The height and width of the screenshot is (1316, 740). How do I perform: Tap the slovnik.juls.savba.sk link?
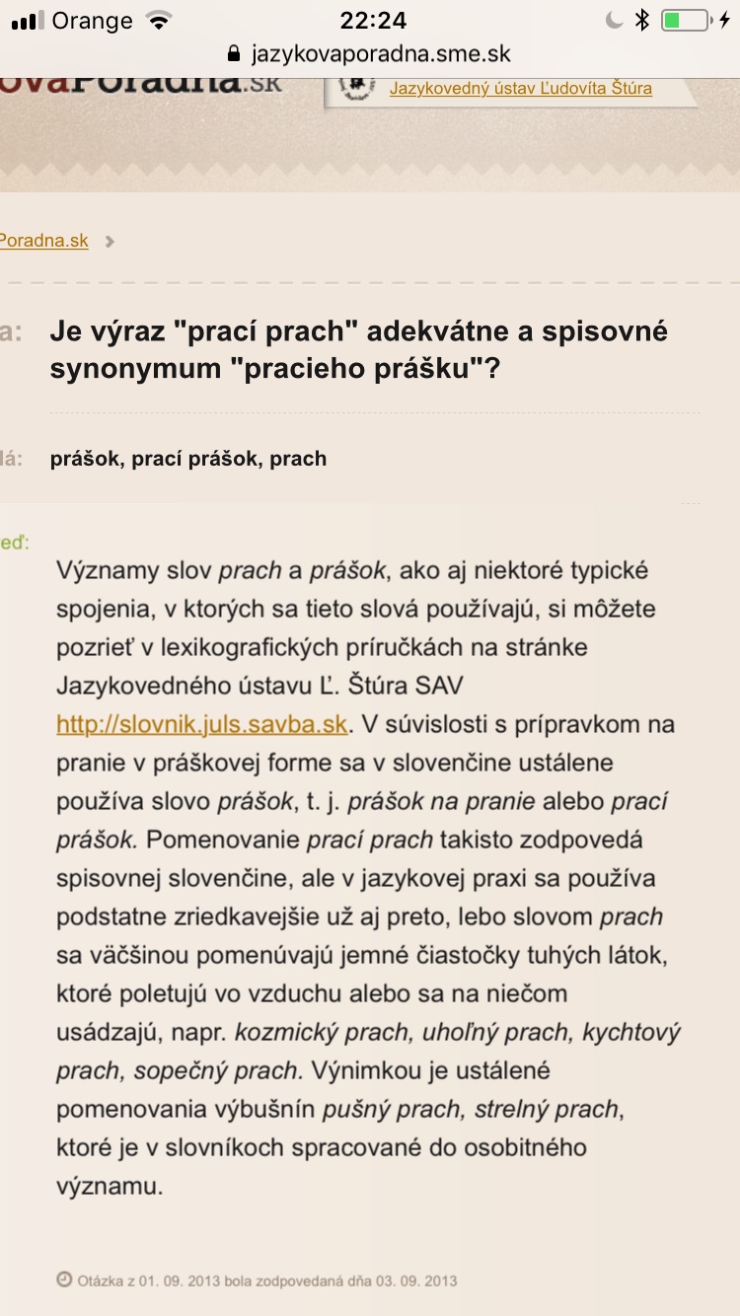click(201, 725)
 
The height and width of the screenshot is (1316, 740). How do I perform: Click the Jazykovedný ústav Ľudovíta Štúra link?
click(520, 88)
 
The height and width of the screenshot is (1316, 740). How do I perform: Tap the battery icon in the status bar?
click(684, 21)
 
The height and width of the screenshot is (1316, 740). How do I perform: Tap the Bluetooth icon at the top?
click(641, 21)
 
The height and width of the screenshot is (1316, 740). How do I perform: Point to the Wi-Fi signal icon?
click(157, 21)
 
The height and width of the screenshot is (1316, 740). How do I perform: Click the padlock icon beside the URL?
click(234, 54)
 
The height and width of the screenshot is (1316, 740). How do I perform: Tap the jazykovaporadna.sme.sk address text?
click(381, 54)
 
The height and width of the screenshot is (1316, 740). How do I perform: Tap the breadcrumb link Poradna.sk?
click(44, 241)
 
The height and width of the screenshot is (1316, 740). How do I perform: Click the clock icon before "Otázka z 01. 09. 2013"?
click(64, 1280)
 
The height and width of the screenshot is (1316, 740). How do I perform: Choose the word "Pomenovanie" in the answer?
click(224, 841)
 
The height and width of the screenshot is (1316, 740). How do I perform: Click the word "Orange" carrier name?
click(92, 21)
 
